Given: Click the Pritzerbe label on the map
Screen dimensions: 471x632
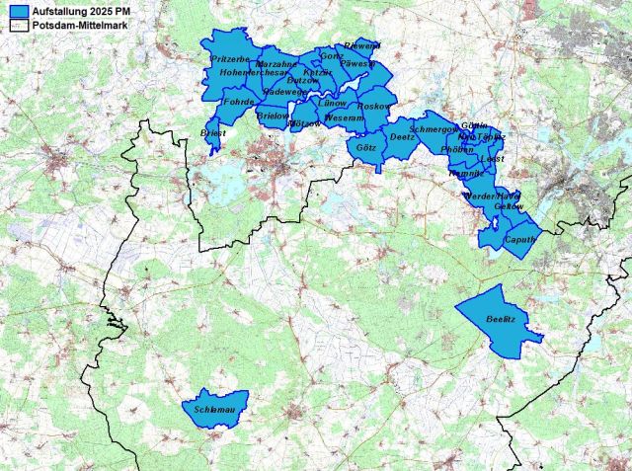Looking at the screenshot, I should point(229,60).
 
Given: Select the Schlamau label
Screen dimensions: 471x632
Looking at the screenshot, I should point(213,407).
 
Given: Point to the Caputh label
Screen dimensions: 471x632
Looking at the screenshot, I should point(519,240).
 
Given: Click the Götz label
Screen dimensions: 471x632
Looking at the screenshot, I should point(364,145).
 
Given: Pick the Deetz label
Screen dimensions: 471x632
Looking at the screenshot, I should point(403,137).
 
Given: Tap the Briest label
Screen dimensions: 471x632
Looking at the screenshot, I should point(213,132).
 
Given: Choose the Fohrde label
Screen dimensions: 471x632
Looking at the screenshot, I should point(239,101).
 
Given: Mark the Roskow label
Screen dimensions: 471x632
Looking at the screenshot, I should point(375,105).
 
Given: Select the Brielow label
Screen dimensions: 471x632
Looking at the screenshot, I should point(272,116).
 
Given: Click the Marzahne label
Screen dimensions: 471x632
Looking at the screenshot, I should point(276,64).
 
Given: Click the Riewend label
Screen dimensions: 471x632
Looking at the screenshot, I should point(361,45).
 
